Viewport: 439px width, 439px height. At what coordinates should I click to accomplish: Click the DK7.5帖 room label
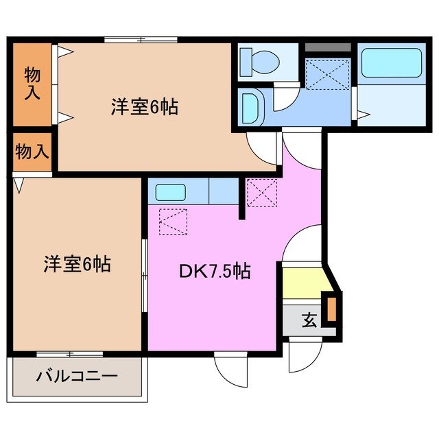[214, 272]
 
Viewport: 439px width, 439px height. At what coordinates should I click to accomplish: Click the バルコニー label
[77, 376]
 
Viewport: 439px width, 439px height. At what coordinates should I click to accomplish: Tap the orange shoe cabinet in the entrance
[332, 309]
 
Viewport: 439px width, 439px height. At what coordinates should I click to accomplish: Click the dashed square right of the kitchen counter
[261, 193]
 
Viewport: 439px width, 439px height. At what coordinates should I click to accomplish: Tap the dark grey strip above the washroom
[327, 48]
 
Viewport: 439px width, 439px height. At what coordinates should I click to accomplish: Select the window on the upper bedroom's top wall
[141, 40]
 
